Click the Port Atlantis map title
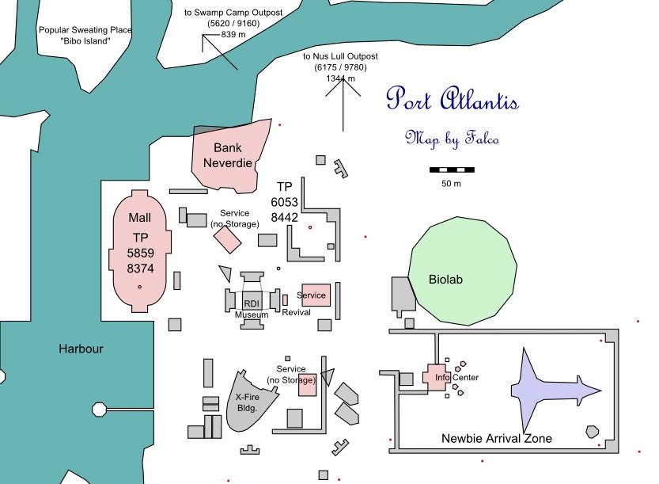pyautogui.click(x=453, y=99)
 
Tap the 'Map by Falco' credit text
pyautogui.click(x=453, y=139)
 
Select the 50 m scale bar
pyautogui.click(x=452, y=170)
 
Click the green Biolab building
pyautogui.click(x=462, y=271)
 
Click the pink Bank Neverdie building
pyautogui.click(x=229, y=157)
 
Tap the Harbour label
pyautogui.click(x=81, y=349)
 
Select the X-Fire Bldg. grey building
pyautogui.click(x=248, y=402)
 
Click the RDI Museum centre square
pyautogui.click(x=252, y=300)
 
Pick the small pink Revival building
pyautogui.click(x=285, y=300)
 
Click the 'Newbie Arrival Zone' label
pyautogui.click(x=496, y=439)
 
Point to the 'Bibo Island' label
pyautogui.click(x=85, y=41)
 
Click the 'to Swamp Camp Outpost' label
pyautogui.click(x=233, y=13)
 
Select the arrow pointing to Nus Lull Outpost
pyautogui.click(x=343, y=105)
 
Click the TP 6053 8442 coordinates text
pyautogui.click(x=285, y=202)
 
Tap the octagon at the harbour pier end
pyautogui.click(x=99, y=409)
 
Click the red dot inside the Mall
pyautogui.click(x=139, y=287)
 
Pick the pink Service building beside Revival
pyautogui.click(x=316, y=295)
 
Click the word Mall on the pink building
pyautogui.click(x=139, y=218)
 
